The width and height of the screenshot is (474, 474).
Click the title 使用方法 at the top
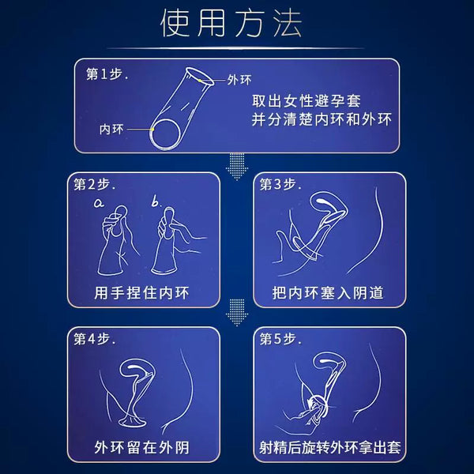click(x=231, y=23)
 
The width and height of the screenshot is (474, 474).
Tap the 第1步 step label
click(x=107, y=74)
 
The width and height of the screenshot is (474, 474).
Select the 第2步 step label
click(x=94, y=184)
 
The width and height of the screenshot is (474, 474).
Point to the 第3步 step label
click(x=280, y=184)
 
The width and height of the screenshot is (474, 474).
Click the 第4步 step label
click(x=94, y=339)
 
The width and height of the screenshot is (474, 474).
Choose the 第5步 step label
click(x=280, y=339)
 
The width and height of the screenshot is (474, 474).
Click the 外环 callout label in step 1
click(x=239, y=80)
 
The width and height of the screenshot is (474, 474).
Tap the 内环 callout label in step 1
click(x=111, y=130)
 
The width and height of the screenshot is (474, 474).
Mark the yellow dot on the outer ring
click(x=200, y=81)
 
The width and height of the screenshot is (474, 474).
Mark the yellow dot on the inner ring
click(x=153, y=130)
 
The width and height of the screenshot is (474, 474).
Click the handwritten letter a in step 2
click(x=99, y=203)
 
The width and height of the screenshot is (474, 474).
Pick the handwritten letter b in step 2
click(x=156, y=201)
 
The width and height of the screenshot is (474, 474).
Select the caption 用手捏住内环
click(x=141, y=293)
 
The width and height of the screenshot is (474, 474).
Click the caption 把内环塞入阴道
click(x=328, y=293)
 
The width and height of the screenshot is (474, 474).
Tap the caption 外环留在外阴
click(x=141, y=448)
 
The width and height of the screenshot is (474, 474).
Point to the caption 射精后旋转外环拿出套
click(x=329, y=448)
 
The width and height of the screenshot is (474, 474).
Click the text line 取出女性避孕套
click(x=307, y=101)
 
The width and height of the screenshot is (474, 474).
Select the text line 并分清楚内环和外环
click(x=322, y=119)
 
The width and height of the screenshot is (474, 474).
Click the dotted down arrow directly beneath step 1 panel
click(x=237, y=167)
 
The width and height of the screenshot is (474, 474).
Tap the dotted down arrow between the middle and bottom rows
click(x=237, y=313)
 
